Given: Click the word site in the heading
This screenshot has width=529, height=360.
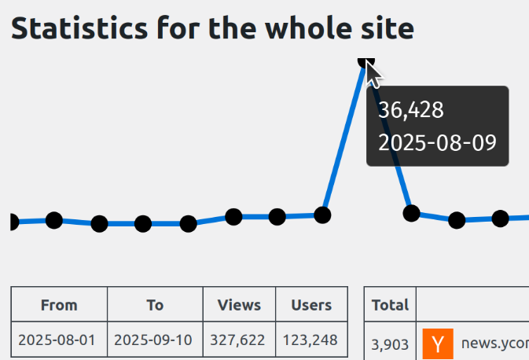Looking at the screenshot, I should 388,28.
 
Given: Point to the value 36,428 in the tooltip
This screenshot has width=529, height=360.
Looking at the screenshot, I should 411,110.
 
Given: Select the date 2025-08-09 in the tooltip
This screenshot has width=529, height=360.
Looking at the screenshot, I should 437,142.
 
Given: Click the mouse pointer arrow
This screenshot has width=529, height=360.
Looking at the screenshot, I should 374,74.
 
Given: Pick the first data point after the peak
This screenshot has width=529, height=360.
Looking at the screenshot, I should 411,213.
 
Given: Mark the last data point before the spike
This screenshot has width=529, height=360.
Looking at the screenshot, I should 322,215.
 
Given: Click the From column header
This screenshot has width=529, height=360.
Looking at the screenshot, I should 59,305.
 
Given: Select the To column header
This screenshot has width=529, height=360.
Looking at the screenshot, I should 155,305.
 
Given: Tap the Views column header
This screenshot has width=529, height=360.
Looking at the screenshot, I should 239,305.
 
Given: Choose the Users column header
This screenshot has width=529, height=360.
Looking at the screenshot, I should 311,305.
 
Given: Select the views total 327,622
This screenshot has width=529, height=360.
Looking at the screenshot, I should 239,340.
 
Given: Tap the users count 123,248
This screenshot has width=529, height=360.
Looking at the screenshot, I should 311,340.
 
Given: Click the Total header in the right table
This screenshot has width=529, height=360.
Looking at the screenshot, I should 390,305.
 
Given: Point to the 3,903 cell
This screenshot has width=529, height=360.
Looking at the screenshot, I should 390,343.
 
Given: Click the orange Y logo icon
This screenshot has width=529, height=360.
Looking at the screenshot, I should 438,343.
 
